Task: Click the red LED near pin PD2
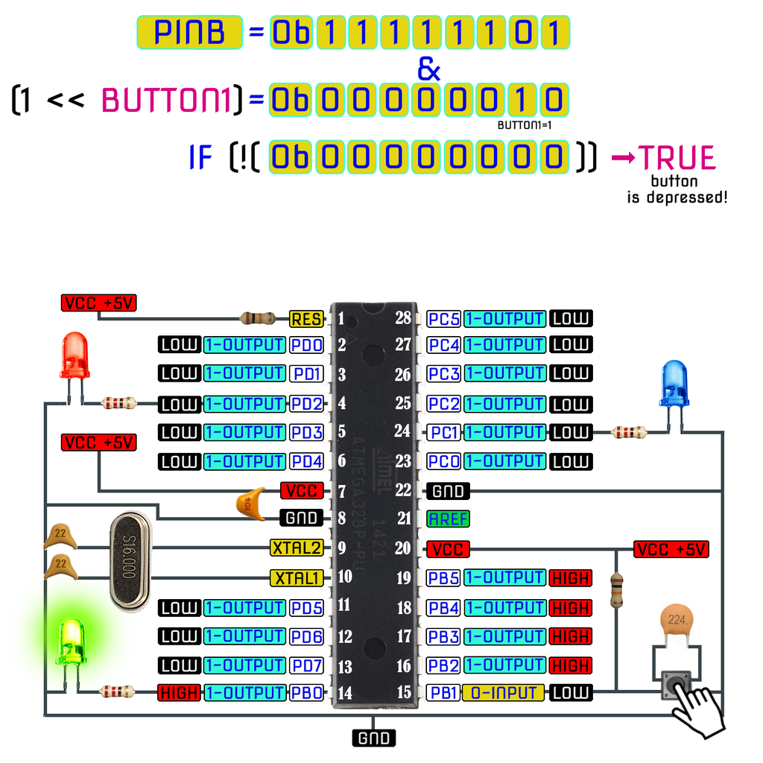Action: point(75,356)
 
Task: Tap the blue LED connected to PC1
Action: point(674,383)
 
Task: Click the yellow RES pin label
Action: point(306,320)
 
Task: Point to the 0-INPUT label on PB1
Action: point(504,692)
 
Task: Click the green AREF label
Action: point(448,519)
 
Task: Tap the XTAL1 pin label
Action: point(297,577)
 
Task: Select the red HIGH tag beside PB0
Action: point(179,693)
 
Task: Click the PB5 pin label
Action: point(444,577)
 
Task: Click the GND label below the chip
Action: point(373,738)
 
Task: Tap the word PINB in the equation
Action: point(189,33)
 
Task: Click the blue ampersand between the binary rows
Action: point(428,69)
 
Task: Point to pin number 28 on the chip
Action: point(403,318)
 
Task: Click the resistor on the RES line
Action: point(260,319)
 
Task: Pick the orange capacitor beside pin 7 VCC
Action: point(250,504)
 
